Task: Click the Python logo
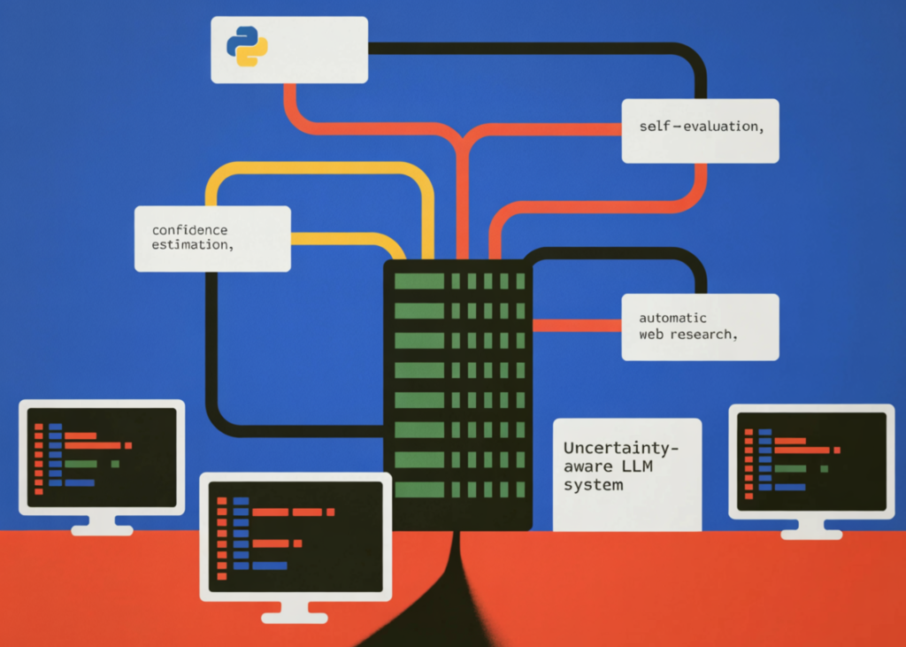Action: click(247, 46)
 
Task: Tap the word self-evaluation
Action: click(700, 127)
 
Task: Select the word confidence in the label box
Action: click(189, 230)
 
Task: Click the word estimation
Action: click(191, 244)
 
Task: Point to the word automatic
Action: click(673, 318)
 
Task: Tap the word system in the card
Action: click(594, 485)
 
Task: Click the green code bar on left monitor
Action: click(81, 463)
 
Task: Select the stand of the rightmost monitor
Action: click(811, 528)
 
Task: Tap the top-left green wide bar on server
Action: click(418, 281)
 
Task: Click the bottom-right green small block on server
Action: click(520, 489)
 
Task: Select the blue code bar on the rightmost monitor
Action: click(790, 487)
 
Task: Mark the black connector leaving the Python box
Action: click(531, 49)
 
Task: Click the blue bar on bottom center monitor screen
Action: click(269, 565)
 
